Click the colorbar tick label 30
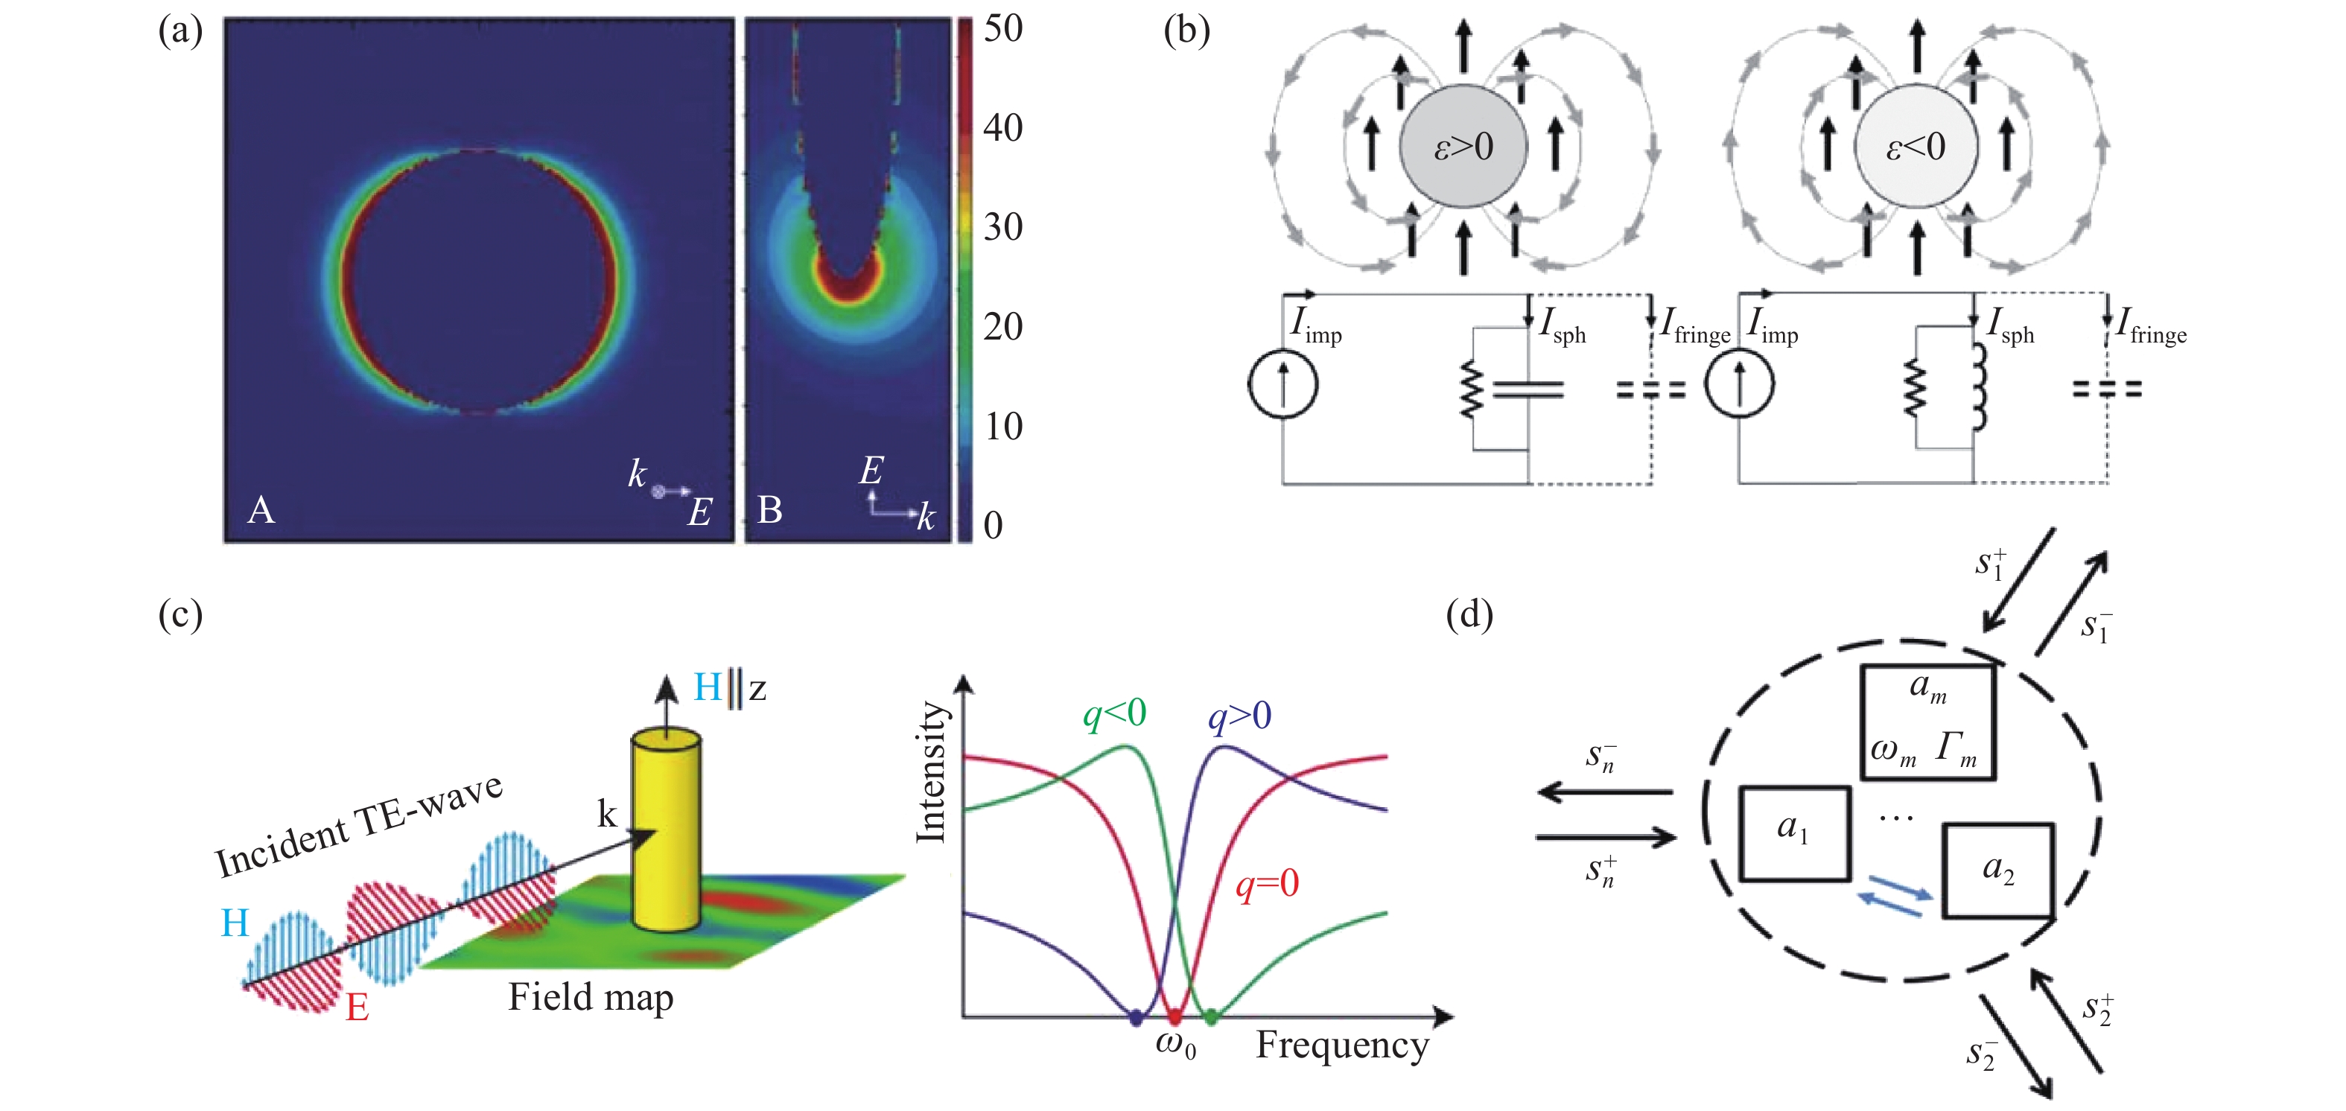tap(1002, 227)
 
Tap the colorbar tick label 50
tap(1002, 28)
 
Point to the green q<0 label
tap(1114, 713)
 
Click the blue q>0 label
tap(1239, 716)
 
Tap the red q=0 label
tap(1267, 883)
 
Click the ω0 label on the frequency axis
tap(1174, 1045)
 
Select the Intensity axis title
tap(931, 772)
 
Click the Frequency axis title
tap(1341, 1045)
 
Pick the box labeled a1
tap(1794, 833)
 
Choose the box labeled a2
tap(1998, 870)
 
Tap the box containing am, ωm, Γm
tap(1928, 722)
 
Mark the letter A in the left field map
tap(261, 510)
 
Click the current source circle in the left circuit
tap(1282, 383)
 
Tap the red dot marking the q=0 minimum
tap(1174, 1016)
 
